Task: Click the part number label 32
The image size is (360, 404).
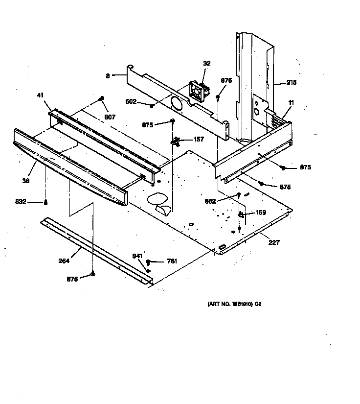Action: pos(206,63)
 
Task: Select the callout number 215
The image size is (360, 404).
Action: pos(291,83)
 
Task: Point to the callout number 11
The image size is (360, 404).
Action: pos(291,102)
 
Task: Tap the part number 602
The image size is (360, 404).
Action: pos(130,102)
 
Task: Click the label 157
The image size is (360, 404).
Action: pos(199,139)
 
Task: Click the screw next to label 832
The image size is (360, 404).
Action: pos(46,202)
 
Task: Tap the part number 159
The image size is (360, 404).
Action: pos(261,213)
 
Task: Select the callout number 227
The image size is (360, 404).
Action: pos(274,242)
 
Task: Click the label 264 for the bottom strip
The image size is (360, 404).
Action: pos(64,261)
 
